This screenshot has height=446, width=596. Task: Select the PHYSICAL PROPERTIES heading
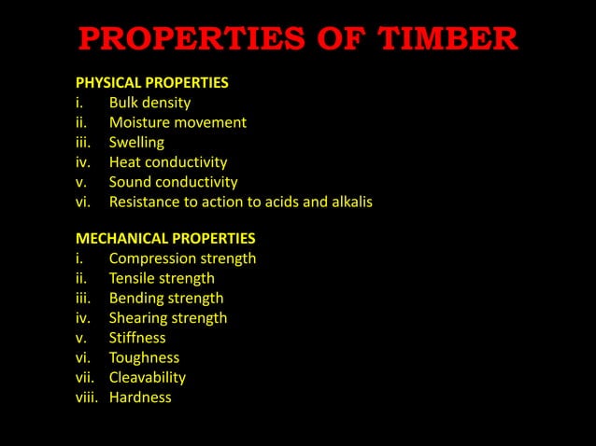pos(151,83)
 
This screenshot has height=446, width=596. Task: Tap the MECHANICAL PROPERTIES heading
pos(165,238)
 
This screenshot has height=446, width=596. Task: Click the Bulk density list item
pos(149,103)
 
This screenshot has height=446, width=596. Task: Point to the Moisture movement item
pos(177,122)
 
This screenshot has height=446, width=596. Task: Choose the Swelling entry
pos(136,143)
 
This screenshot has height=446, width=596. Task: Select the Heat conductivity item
pos(168,162)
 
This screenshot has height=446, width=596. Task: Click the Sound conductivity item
pos(173,182)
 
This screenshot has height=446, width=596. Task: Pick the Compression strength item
pos(182,258)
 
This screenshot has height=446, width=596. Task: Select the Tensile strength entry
pos(162,278)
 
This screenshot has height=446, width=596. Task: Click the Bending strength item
pos(166,299)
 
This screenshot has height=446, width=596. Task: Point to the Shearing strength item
pos(168,318)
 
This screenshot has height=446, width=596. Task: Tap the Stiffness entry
pos(137,338)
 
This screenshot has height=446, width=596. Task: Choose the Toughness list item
pos(144,357)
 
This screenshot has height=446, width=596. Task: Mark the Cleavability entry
pos(148,377)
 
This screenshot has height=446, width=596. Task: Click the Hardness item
pos(140,397)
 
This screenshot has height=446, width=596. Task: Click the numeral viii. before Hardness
pos(87,397)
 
